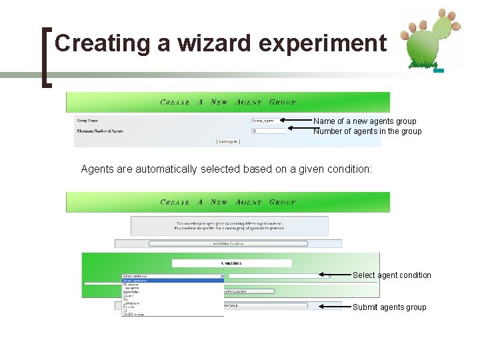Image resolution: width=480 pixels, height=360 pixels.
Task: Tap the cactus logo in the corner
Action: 427,40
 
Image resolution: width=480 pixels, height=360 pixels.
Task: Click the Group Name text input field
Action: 267,121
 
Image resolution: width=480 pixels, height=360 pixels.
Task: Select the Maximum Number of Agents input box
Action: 267,131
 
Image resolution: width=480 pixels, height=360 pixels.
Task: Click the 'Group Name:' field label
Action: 91,121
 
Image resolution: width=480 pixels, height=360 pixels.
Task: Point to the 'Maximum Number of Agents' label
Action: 100,131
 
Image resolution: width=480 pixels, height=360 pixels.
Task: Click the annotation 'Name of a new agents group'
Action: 365,121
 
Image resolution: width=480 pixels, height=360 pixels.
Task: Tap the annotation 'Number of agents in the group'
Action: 367,131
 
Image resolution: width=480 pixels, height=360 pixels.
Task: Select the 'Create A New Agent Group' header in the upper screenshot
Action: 228,103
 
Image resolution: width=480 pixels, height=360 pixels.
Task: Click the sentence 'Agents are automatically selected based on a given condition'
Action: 226,169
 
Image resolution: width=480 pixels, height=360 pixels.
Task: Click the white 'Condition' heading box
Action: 231,263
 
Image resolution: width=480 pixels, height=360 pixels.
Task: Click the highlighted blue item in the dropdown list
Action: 172,281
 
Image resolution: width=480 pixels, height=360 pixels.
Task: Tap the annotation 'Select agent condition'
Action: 391,275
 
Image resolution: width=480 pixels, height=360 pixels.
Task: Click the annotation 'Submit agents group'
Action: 389,307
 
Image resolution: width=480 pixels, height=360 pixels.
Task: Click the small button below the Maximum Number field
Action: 227,141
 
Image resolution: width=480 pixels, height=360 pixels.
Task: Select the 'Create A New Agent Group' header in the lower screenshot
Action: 228,202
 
